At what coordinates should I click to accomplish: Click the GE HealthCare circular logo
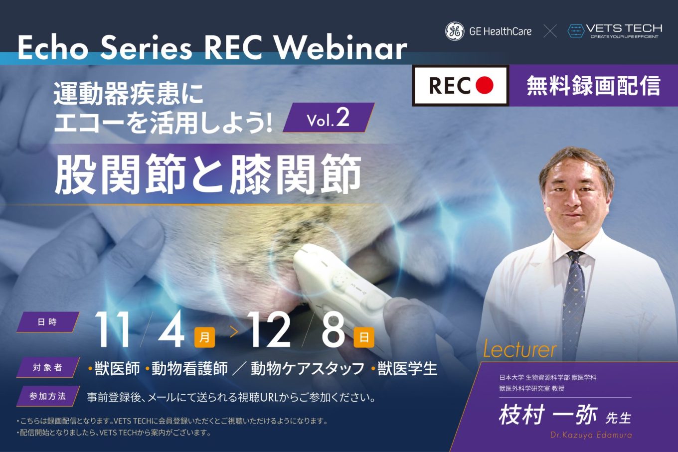[455, 31]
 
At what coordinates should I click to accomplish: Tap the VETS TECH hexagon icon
[576, 31]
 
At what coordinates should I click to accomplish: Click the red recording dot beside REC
[485, 86]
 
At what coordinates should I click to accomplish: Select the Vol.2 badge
[329, 118]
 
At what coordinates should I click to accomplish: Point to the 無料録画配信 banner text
[593, 86]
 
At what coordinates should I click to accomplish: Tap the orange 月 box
[204, 337]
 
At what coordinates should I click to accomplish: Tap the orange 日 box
[364, 337]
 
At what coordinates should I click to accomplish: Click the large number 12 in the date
[269, 329]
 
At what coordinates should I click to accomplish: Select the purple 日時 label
[47, 322]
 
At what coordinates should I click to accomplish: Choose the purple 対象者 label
[47, 367]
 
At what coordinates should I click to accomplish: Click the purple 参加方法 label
[47, 396]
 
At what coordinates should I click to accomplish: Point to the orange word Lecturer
[520, 350]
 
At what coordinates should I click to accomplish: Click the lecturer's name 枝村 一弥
[548, 415]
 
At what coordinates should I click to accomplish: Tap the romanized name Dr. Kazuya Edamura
[591, 435]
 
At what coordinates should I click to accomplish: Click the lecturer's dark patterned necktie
[574, 305]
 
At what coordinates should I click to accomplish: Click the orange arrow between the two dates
[234, 332]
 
